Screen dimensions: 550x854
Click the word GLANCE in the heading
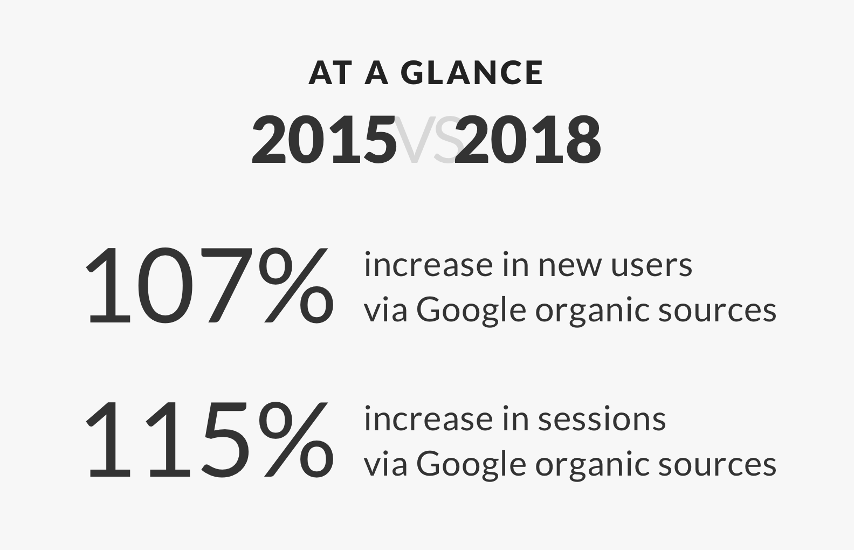point(473,73)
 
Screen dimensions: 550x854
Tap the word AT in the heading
point(330,73)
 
